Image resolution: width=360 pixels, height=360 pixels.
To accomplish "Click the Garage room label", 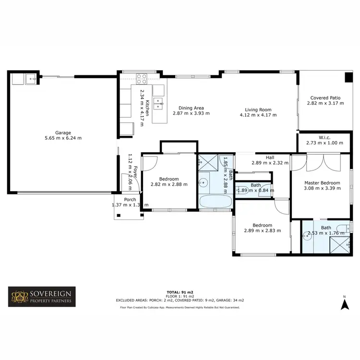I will tap(63, 132).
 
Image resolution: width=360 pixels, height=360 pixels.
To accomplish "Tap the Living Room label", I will tap(259, 109).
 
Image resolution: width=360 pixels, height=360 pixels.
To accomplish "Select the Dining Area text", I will tap(191, 108).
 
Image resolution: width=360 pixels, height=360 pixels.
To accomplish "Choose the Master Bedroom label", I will tap(323, 182).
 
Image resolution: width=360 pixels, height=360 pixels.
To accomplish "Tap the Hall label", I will tap(270, 156).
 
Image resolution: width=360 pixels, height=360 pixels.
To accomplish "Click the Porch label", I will tap(130, 200).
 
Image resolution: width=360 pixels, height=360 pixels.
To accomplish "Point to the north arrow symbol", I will tap(344, 303).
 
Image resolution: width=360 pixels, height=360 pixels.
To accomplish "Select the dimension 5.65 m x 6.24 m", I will tap(63, 138).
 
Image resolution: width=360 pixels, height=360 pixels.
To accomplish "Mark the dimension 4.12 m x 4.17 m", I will tap(259, 115).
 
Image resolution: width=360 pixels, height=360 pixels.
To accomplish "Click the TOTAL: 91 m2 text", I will tap(180, 292).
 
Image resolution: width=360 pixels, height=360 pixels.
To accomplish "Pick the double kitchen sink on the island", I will tap(158, 102).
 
